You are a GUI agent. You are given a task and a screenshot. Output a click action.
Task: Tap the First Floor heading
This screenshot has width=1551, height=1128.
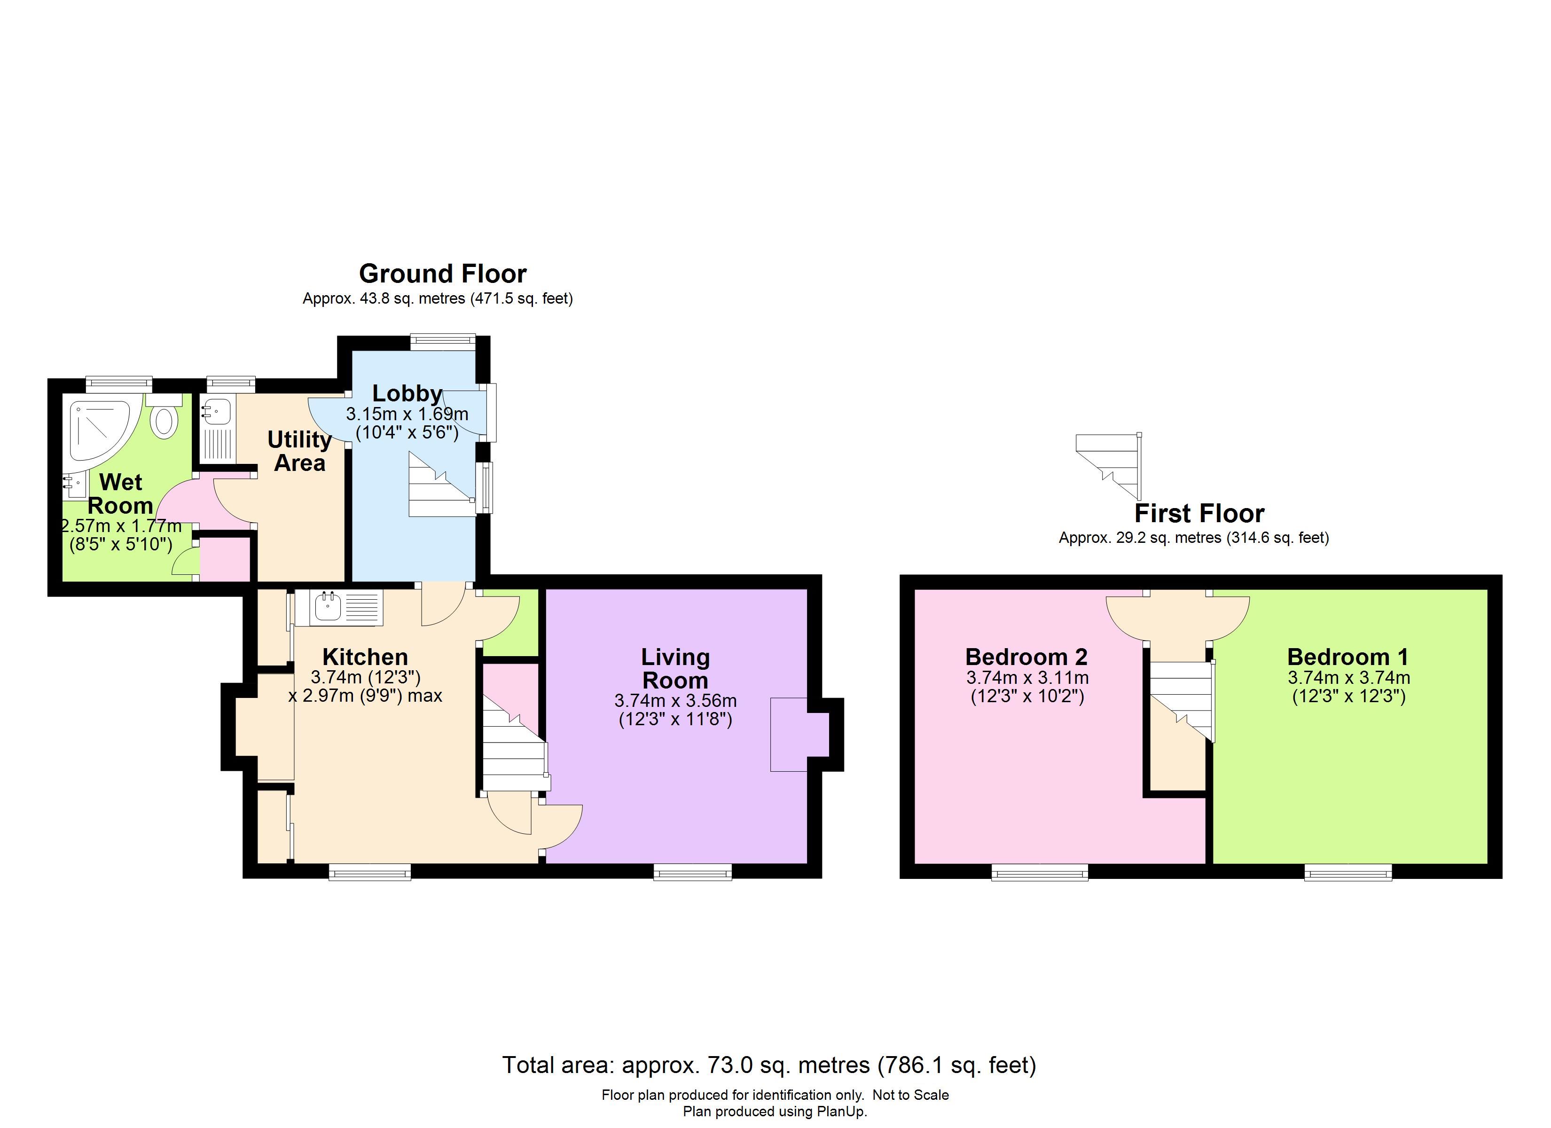(1199, 513)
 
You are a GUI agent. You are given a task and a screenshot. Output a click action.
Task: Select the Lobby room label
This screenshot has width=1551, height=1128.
(407, 393)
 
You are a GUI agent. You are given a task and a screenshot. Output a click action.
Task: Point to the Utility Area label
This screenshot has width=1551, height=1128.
(299, 451)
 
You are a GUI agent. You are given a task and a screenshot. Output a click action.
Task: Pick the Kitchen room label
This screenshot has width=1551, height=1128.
(365, 657)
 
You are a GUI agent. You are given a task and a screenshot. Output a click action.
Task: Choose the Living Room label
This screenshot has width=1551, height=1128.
(676, 668)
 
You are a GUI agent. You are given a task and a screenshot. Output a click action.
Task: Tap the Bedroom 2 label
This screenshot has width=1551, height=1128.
(1026, 657)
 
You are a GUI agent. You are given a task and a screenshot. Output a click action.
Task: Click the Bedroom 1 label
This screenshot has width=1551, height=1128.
(1348, 657)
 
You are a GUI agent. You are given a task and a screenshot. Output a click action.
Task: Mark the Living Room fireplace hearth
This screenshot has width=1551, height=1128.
(789, 735)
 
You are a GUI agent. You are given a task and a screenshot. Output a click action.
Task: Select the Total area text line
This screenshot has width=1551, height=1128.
(769, 1065)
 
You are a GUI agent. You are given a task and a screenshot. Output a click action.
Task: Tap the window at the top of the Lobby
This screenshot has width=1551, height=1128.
(442, 342)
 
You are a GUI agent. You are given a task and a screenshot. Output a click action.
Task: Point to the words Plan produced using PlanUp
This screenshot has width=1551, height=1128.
(775, 1112)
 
